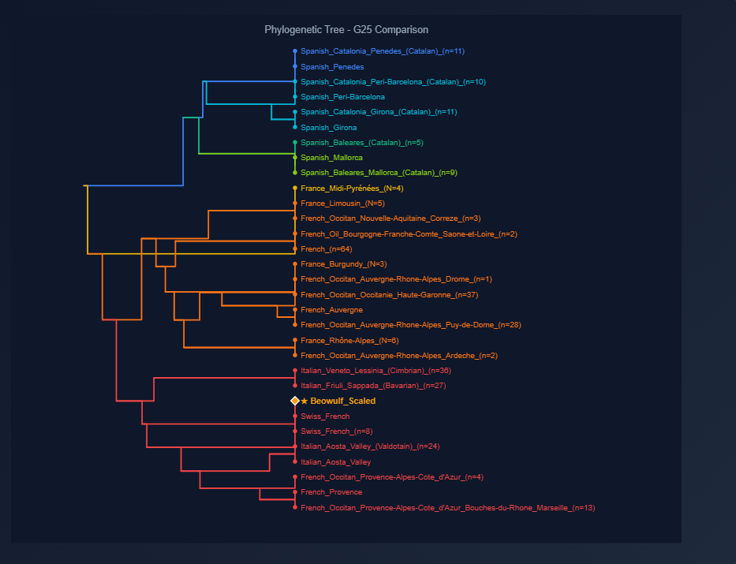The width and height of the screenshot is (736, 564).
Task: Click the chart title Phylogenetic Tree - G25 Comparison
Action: pos(346,30)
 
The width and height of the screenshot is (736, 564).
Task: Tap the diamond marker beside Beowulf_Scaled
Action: pos(295,402)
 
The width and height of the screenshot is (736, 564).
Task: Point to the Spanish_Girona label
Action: pos(328,128)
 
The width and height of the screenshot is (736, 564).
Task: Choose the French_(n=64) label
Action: pos(326,249)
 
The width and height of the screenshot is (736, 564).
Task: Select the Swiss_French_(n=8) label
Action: pos(336,431)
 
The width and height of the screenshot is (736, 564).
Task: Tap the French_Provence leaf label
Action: pos(331,492)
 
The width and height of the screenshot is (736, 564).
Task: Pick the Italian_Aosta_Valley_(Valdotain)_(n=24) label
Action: pos(370,446)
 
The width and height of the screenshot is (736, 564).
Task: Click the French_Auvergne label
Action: pos(332,310)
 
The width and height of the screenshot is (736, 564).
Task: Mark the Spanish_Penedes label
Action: pos(332,67)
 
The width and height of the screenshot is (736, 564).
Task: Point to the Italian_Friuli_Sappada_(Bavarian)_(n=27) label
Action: pos(373,386)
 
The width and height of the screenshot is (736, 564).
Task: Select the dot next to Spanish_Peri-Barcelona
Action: pos(295,97)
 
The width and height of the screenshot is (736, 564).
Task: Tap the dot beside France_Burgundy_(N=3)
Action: pos(295,264)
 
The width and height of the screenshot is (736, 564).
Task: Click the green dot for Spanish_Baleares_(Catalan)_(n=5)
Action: pos(295,143)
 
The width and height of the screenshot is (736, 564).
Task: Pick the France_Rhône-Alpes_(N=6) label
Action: pos(349,341)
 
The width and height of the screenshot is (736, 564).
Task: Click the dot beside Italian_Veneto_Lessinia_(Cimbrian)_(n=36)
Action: pos(295,371)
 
